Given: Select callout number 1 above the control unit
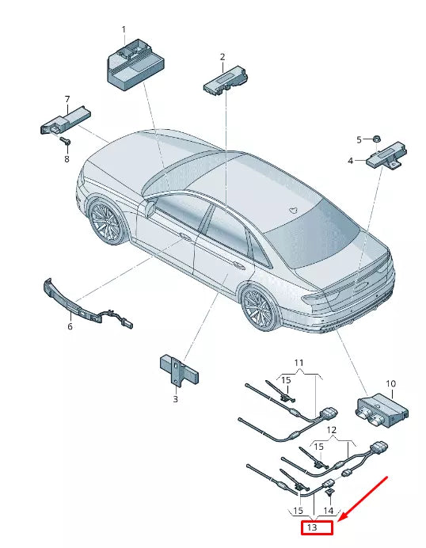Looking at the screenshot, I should (x=124, y=29).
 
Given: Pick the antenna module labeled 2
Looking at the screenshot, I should (x=224, y=78).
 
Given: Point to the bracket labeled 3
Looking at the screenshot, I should (x=178, y=370).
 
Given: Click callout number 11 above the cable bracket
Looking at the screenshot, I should (x=299, y=363).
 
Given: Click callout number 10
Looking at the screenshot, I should (x=390, y=384).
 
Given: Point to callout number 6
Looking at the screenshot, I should (x=69, y=325).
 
